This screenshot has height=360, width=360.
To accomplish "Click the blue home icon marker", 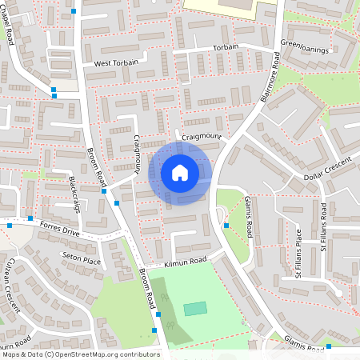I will [180, 173].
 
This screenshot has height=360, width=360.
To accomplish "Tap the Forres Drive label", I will [56, 226].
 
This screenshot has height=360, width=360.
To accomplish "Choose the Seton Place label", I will [82, 260].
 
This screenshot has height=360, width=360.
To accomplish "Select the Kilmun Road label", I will [185, 261].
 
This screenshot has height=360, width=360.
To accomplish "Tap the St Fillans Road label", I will [324, 226].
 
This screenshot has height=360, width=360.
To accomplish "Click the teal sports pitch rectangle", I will [194, 308].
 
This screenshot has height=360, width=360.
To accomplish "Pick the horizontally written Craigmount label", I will [201, 137].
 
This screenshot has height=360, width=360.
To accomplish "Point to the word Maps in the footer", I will [11, 354].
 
